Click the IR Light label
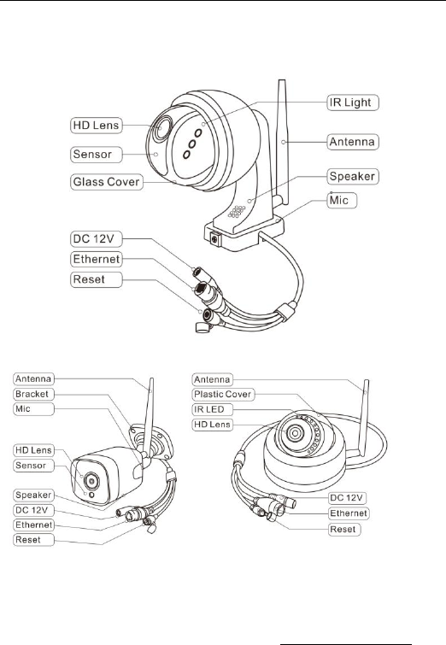pyautogui.click(x=353, y=103)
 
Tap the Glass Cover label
pyautogui.click(x=107, y=182)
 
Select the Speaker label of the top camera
pyautogui.click(x=353, y=177)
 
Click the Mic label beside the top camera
pyautogui.click(x=342, y=200)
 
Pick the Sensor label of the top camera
pyautogui.click(x=97, y=155)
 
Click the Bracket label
pyautogui.click(x=33, y=394)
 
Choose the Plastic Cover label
pyautogui.click(x=223, y=395)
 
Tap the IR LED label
pyautogui.click(x=212, y=410)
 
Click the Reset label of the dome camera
pyautogui.click(x=345, y=530)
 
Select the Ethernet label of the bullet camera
pyautogui.click(x=33, y=525)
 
